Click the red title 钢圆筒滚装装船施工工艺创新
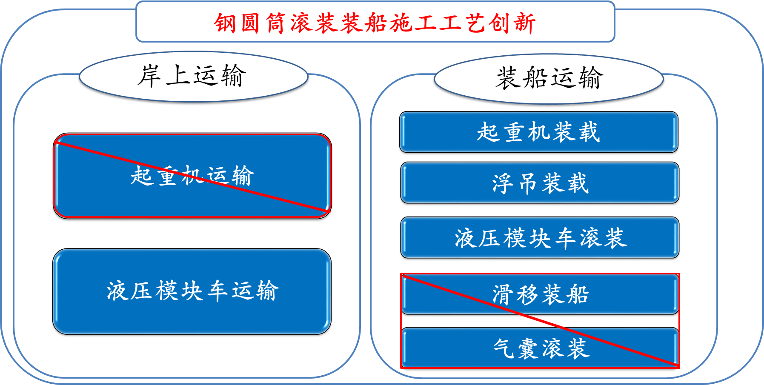pyautogui.click(x=375, y=23)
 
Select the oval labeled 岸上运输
pyautogui.click(x=194, y=77)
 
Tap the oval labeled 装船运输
pyautogui.click(x=549, y=79)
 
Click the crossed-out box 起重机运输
pyautogui.click(x=192, y=176)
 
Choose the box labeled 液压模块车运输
pyautogui.click(x=192, y=291)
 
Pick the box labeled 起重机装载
pyautogui.click(x=539, y=132)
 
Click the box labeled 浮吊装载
pyautogui.click(x=540, y=183)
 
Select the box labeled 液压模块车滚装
pyautogui.click(x=540, y=238)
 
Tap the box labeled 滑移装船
pyautogui.click(x=540, y=294)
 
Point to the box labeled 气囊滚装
pyautogui.click(x=540, y=348)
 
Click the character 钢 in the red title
pyautogui.click(x=225, y=23)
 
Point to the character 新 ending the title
pyautogui.click(x=524, y=23)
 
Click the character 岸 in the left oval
pyautogui.click(x=149, y=76)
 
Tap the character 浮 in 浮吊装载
pyautogui.click(x=504, y=183)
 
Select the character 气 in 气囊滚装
pyautogui.click(x=504, y=348)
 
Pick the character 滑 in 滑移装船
pyautogui.click(x=504, y=294)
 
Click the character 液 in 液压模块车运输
pyautogui.click(x=117, y=291)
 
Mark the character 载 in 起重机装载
pyautogui.click(x=589, y=132)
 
